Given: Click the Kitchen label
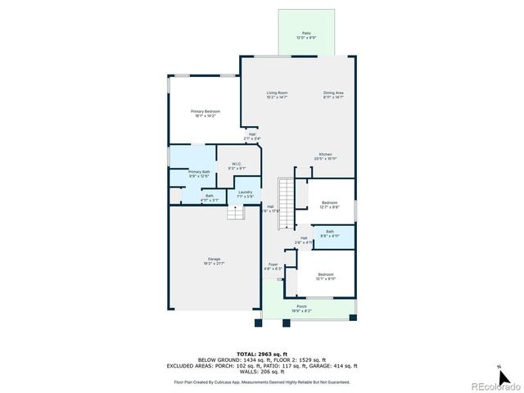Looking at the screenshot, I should point(325,156).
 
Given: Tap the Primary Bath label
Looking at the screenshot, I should point(200,174).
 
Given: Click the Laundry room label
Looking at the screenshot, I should point(246,193).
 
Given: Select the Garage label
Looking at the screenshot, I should point(214,261).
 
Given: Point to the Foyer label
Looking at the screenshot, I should point(273,266).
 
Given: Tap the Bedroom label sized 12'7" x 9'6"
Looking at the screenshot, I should point(329,205).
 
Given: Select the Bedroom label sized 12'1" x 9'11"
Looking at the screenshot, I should point(326,276).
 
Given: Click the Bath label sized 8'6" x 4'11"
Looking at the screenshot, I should point(330,233).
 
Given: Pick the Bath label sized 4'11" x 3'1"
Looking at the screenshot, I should point(210,197).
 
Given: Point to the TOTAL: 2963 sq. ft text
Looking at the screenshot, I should point(262,352).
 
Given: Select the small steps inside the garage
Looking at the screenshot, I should point(236,213).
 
